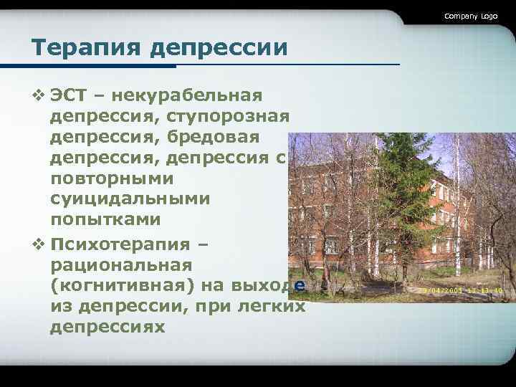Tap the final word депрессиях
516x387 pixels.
[107, 327]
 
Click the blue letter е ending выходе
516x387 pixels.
[300, 285]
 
